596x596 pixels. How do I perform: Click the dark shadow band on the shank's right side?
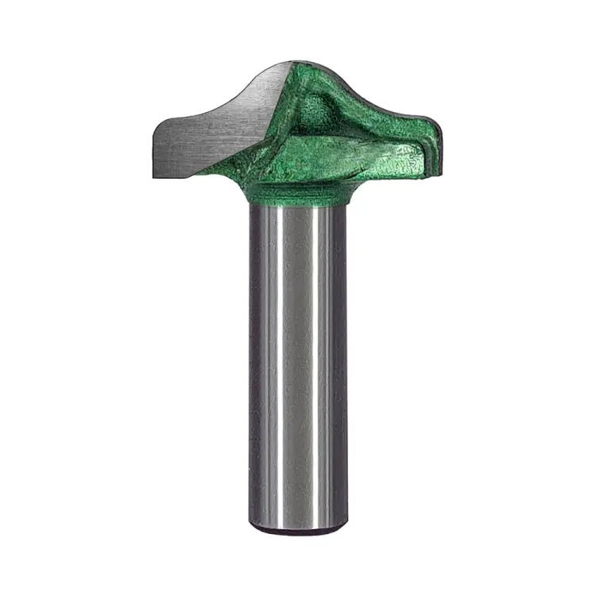pyautogui.click(x=338, y=358)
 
